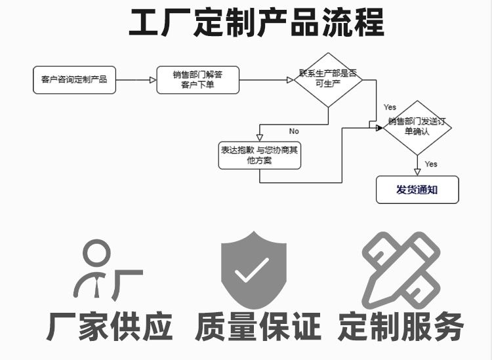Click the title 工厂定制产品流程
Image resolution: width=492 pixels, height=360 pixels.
coord(256,23)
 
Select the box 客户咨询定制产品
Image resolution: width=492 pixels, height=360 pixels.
coord(74,80)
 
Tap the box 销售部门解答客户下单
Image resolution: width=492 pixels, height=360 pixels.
coord(197,80)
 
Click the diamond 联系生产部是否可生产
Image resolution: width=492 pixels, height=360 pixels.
coord(328,80)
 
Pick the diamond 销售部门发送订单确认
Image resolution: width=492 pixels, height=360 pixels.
coord(417,127)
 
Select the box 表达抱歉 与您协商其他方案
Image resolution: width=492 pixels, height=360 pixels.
coord(259,155)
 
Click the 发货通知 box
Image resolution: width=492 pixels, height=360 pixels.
coord(417,190)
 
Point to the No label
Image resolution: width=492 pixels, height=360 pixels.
coord(294,131)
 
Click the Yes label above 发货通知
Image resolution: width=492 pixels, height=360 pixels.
coord(431,164)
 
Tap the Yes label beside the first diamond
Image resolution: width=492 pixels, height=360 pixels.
coord(390,107)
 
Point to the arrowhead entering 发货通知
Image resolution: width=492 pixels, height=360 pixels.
coord(417,171)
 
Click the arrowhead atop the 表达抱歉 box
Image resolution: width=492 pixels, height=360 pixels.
coord(260,137)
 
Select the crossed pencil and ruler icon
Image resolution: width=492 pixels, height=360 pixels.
coord(401,268)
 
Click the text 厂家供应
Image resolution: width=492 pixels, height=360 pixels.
coord(110,326)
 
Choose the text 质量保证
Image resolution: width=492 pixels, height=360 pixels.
coord(258,326)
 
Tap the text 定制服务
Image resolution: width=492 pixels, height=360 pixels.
coord(401,326)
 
